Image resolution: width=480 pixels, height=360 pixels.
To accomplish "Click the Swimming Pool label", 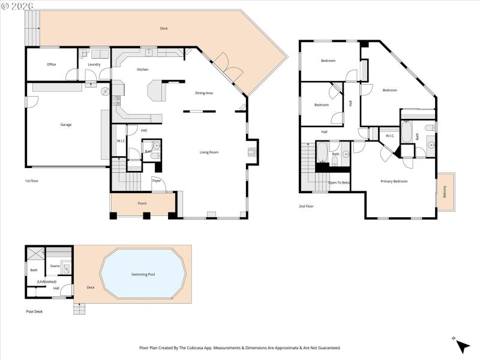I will tap(143, 274).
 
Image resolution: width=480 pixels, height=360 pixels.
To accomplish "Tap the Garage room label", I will tap(66, 125).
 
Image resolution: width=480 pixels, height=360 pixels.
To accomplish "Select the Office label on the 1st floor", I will tap(52, 64).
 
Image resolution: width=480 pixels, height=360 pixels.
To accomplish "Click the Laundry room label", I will tap(94, 64).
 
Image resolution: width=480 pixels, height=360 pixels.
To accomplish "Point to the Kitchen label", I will tap(142, 70).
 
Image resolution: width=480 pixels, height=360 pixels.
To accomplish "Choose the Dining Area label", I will tap(204, 93).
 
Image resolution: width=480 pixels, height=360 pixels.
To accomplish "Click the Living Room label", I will tap(209, 152).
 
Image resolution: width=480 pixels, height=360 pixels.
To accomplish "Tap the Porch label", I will tap(142, 203).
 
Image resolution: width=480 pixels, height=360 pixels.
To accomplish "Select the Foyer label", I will tap(157, 180).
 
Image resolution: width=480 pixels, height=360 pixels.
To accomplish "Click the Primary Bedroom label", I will tap(394, 181).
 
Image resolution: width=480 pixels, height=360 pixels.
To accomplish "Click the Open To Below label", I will tap(339, 182).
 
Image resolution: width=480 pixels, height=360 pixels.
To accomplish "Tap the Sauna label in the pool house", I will tap(55, 265).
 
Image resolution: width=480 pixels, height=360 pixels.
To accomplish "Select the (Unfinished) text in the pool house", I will tap(46, 281).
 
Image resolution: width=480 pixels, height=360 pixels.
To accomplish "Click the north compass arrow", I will tap(461, 346).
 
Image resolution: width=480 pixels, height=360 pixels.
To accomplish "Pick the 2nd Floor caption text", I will tap(306, 206).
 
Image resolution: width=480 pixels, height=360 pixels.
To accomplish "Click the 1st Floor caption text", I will tap(32, 181).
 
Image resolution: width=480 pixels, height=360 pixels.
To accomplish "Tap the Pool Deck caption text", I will tap(34, 311).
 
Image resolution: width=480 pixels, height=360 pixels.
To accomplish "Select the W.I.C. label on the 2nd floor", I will tap(389, 136).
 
